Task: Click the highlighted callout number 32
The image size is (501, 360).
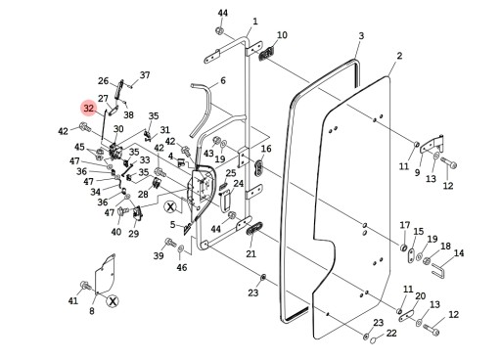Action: point(89,109)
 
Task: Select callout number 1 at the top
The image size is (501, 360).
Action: point(254,21)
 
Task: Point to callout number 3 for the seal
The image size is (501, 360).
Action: point(360,36)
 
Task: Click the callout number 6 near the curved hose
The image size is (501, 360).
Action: point(222,81)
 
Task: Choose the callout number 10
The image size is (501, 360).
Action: point(282,35)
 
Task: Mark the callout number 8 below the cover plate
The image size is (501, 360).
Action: point(91,311)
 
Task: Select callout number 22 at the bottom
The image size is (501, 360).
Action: point(391,334)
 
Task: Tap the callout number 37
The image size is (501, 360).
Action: point(145,75)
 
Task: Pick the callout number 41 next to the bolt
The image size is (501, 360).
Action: point(72,301)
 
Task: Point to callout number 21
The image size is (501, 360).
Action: point(250,254)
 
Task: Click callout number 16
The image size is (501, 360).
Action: point(265,149)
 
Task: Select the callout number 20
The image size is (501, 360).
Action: point(420,296)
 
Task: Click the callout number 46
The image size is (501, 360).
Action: point(181,267)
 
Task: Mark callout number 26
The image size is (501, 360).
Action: point(103,81)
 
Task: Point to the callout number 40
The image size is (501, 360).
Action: point(116,232)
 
